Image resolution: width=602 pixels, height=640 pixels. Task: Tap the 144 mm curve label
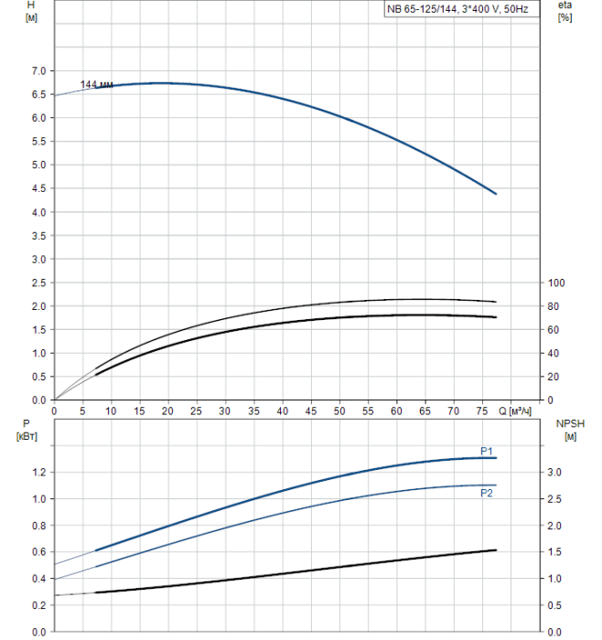[x=96, y=85]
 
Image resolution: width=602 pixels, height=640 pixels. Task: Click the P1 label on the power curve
[x=488, y=451]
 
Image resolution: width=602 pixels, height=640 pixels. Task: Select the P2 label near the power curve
[x=488, y=493]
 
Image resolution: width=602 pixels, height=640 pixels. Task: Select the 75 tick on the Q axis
[x=481, y=411]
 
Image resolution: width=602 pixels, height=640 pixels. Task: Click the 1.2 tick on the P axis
[x=37, y=473]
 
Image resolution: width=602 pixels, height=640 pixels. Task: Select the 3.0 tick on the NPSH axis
[x=554, y=473]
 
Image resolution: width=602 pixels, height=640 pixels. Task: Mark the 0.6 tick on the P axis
[x=37, y=552]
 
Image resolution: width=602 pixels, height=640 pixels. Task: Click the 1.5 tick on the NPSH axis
[x=554, y=552]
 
